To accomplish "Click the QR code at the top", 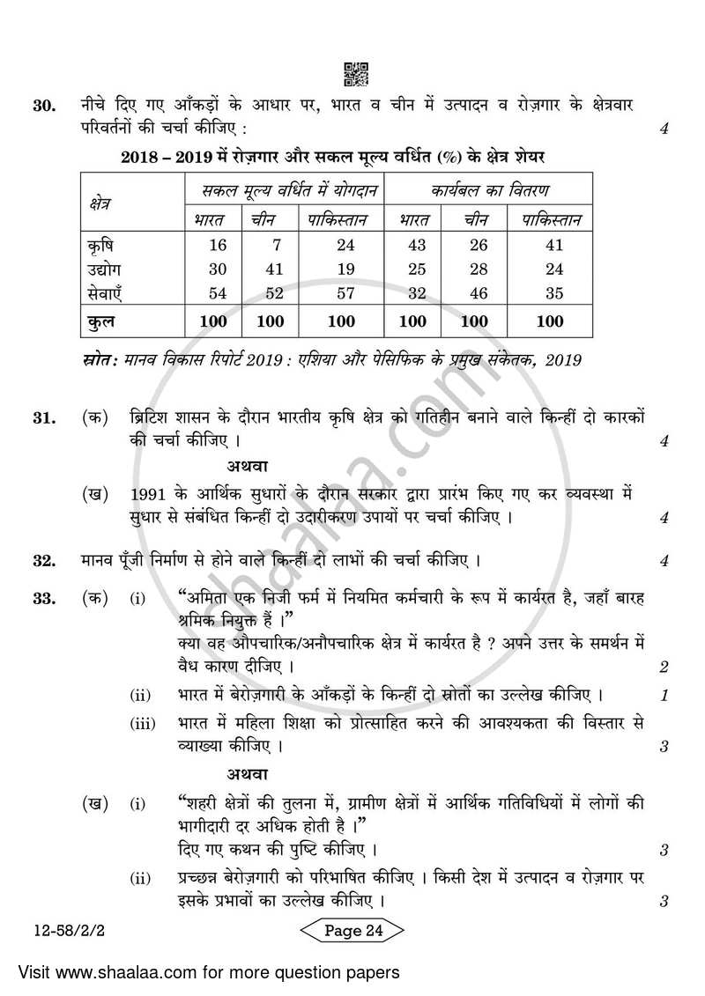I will click(x=354, y=74).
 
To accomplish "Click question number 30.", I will click(x=45, y=107).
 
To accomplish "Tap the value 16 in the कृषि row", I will click(x=218, y=245).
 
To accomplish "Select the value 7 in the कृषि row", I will click(x=269, y=245).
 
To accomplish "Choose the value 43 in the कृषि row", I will click(x=415, y=245).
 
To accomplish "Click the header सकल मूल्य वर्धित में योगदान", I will click(x=285, y=188).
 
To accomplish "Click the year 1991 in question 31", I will click(x=148, y=494).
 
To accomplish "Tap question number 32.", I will click(x=45, y=560).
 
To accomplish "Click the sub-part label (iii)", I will click(x=142, y=723).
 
